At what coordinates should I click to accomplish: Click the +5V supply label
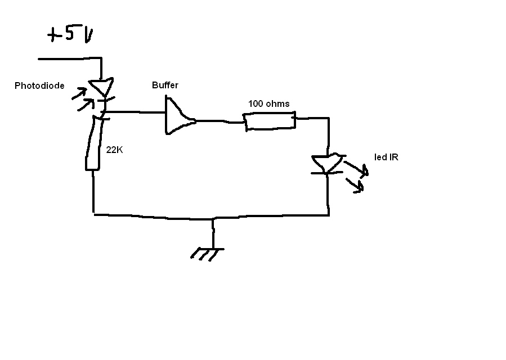coord(71,35)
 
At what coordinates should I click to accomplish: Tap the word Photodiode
coord(39,86)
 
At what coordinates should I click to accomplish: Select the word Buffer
coord(165,85)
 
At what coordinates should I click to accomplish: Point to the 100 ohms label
coord(269,103)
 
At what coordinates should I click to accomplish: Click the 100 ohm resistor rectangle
coord(270,121)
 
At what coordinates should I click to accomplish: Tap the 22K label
coord(115,150)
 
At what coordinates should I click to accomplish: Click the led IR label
coord(386,157)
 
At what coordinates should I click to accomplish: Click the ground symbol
coord(208,253)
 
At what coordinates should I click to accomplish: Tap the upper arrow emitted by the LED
coord(356,168)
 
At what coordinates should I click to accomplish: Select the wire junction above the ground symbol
coord(213,218)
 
